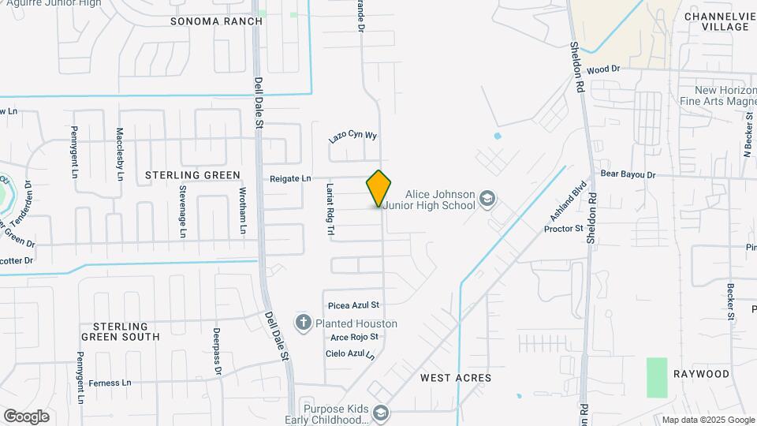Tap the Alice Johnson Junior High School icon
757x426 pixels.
point(488,199)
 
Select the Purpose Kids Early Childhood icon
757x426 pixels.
point(382,413)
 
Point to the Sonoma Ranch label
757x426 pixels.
point(216,21)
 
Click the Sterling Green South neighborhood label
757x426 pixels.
point(126,331)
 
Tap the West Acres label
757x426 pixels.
point(456,378)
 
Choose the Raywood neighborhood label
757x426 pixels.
point(701,373)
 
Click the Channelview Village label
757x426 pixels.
point(716,21)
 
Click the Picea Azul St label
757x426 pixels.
point(352,305)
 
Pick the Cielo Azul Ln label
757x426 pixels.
point(350,354)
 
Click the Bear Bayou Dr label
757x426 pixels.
point(628,174)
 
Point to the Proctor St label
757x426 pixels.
point(563,229)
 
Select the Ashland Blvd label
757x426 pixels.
point(562,203)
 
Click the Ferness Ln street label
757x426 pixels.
point(110,383)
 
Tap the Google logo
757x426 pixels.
point(26,416)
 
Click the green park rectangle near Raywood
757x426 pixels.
point(657,377)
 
